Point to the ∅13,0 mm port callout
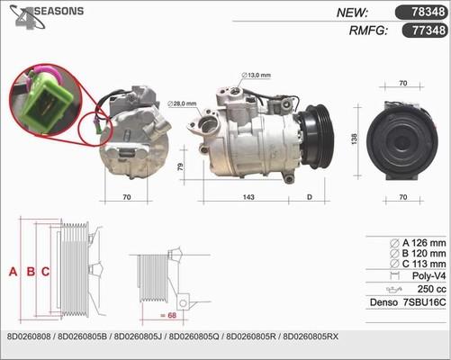coord(256,75)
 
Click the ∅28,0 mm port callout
coord(182,103)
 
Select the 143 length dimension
coord(248,197)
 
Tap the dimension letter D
coord(310,197)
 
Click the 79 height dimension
coord(180,166)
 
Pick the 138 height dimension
coord(355,139)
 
